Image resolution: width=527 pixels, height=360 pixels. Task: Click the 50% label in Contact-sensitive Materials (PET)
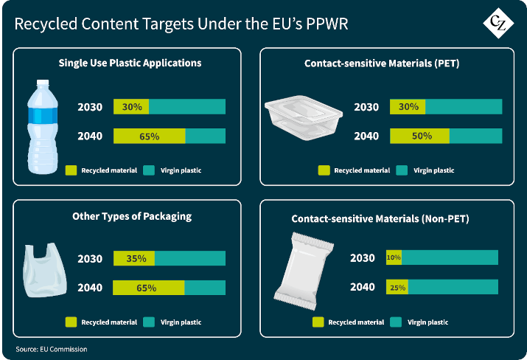pos(421,136)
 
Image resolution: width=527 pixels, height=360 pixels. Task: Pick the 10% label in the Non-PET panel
pos(394,257)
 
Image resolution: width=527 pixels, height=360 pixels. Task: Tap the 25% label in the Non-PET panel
pos(398,287)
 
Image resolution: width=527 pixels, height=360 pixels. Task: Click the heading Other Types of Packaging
pos(132,216)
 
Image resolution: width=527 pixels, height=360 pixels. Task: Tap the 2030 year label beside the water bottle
pos(91,107)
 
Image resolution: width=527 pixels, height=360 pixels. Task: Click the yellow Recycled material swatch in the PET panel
pos(324,170)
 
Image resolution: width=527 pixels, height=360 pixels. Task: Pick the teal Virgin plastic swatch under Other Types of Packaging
pos(148,322)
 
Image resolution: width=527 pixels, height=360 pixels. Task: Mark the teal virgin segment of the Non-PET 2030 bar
pos(450,257)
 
